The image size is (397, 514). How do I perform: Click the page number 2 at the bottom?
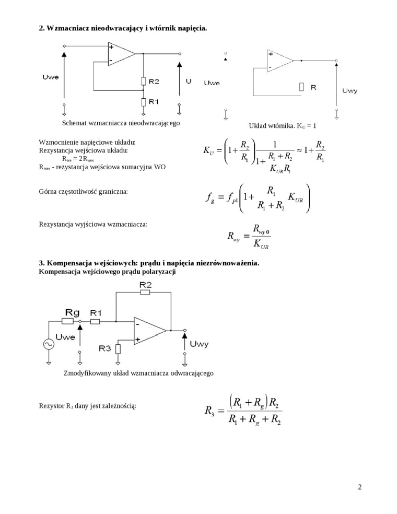[359, 487]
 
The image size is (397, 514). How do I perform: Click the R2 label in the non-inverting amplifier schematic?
[154, 81]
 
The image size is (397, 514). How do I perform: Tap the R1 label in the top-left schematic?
[154, 101]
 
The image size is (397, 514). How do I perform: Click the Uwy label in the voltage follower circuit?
[349, 91]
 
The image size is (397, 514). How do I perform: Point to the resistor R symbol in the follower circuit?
[301, 87]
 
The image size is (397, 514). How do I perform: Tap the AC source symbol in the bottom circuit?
[49, 344]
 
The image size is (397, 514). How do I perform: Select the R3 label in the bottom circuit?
[105, 347]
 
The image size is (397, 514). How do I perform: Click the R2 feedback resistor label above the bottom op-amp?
[146, 284]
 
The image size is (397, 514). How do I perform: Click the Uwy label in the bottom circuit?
[200, 343]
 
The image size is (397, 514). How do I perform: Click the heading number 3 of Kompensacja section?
[41, 263]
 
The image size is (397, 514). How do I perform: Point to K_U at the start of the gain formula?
[209, 151]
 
